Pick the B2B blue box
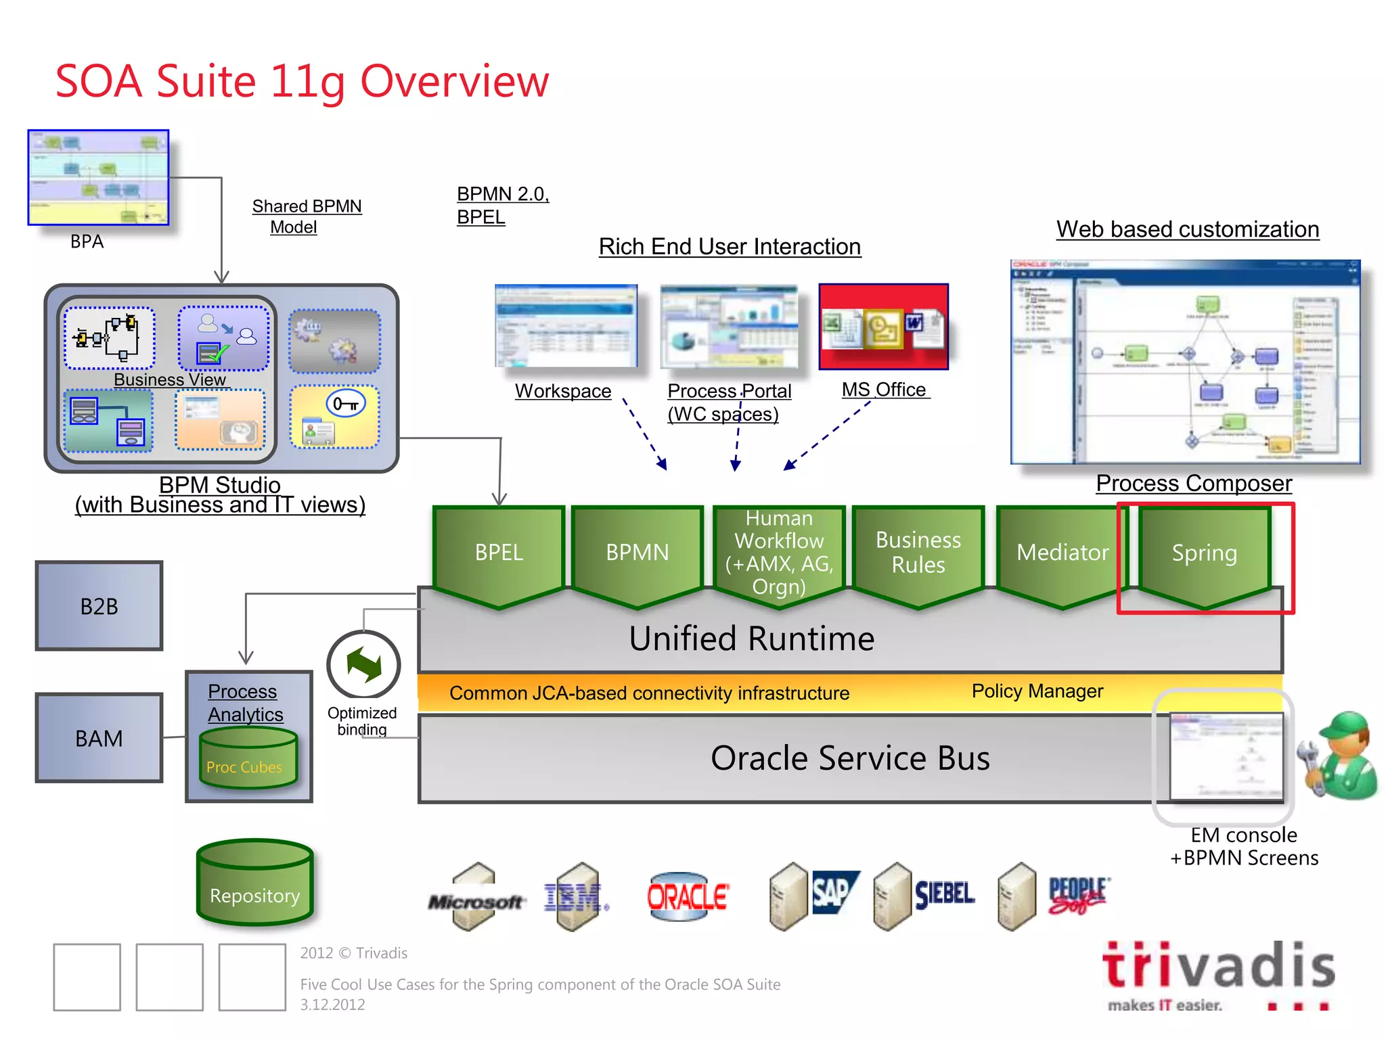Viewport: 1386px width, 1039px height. [x=99, y=606]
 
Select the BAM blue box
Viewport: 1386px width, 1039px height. [x=99, y=738]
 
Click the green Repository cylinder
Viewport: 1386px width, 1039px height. [x=254, y=883]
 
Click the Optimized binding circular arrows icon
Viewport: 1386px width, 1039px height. [x=363, y=665]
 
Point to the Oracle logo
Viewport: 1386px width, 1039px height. [x=686, y=897]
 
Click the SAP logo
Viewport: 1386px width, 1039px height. [x=832, y=892]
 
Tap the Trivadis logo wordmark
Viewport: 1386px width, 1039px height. [x=1218, y=965]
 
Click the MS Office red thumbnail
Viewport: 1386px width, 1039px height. [x=883, y=327]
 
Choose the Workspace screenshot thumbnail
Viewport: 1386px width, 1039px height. [x=566, y=326]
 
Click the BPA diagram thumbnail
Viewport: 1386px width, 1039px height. [x=98, y=177]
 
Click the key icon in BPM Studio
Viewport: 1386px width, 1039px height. [x=346, y=405]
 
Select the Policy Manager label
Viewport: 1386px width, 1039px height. [x=1037, y=691]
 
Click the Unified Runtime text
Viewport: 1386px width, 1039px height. [x=751, y=639]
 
